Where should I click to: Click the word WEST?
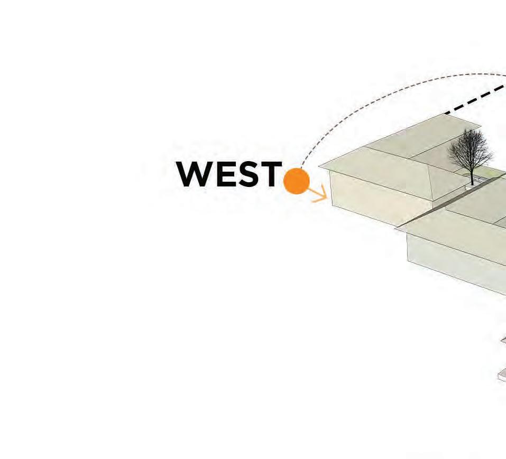click(229, 174)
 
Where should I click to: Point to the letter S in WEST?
click(248, 174)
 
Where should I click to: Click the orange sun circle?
click(296, 181)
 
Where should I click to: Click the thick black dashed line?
click(476, 100)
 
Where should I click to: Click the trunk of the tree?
click(472, 177)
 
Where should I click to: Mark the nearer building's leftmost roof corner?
click(396, 229)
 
